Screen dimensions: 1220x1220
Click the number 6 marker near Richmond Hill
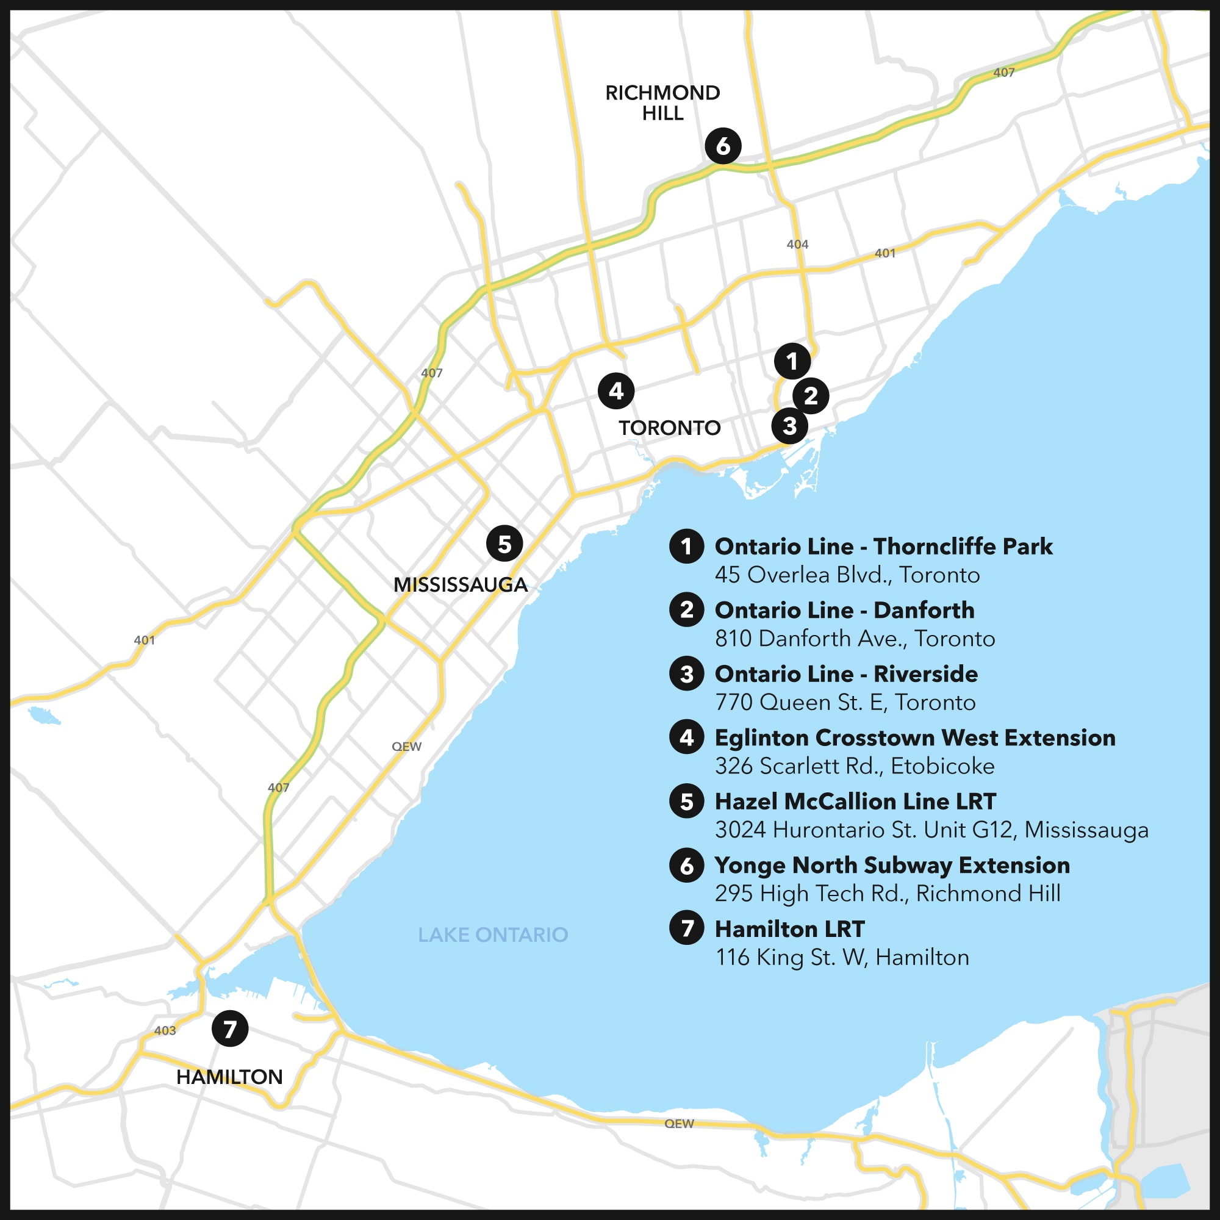[723, 146]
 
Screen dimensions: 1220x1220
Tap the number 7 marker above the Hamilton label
[230, 1028]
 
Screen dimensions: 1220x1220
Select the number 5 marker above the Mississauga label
[504, 543]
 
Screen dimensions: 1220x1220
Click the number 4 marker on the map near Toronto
[616, 391]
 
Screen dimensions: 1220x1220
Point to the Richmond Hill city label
[662, 102]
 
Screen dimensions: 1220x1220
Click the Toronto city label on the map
[669, 428]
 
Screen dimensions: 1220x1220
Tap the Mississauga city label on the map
[461, 585]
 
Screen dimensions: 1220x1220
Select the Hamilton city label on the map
[229, 1077]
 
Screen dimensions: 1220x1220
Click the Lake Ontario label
[492, 935]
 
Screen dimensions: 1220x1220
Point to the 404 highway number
[797, 245]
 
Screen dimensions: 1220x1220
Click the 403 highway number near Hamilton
[165, 1030]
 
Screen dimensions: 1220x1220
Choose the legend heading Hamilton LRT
[789, 929]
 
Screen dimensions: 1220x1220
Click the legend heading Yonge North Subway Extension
[892, 865]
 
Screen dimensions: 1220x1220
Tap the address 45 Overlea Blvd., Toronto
[847, 575]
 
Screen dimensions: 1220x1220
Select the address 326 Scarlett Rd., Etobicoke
[855, 766]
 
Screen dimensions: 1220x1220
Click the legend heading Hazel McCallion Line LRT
[855, 802]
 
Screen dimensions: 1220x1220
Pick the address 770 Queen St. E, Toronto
[845, 702]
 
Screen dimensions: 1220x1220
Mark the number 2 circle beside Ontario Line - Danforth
[686, 610]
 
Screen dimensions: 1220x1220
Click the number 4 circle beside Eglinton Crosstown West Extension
[686, 737]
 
